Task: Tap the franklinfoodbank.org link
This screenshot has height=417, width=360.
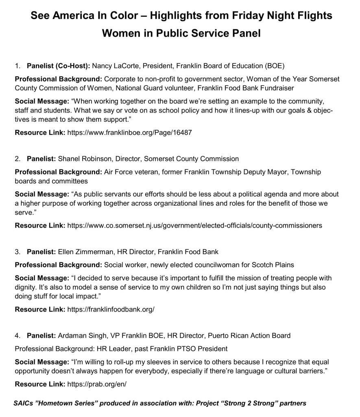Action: point(111,309)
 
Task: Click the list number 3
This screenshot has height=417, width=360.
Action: point(17,251)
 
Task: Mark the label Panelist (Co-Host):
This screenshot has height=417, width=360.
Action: point(59,65)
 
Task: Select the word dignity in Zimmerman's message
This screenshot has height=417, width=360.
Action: point(25,287)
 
